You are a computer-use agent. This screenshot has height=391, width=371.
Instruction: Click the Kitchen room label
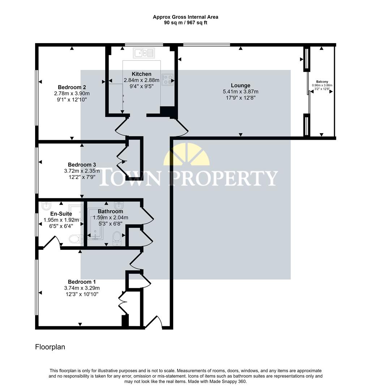tap(141, 74)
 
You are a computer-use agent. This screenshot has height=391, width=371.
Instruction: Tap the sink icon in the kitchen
tap(144, 54)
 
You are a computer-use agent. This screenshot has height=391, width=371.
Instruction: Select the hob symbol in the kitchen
tap(167, 80)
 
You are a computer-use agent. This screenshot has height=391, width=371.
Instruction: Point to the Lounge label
tap(240, 85)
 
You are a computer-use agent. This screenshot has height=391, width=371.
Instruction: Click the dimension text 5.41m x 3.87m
tap(240, 92)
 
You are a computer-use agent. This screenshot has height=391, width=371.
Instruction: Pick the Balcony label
tap(322, 82)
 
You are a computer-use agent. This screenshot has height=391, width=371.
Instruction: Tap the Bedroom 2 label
tap(72, 87)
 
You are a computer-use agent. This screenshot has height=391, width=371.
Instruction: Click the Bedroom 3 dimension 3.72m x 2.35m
tap(82, 171)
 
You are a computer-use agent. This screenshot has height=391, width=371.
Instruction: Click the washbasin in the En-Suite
tap(46, 206)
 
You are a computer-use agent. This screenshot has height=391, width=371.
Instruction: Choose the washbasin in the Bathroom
tap(119, 205)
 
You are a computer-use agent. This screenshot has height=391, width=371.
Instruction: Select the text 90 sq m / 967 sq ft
tap(185, 22)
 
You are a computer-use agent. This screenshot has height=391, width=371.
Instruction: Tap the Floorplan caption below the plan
tap(50, 347)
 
